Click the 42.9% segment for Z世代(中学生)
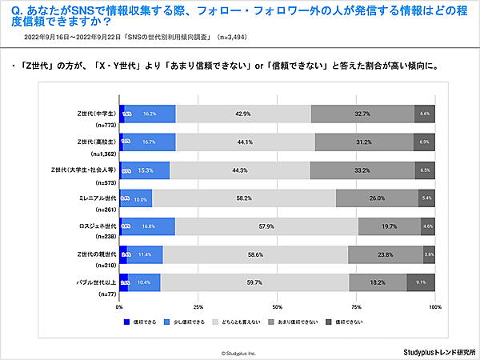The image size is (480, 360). click(x=243, y=114)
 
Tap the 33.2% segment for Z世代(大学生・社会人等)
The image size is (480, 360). click(x=362, y=170)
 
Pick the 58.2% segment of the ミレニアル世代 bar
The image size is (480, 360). click(x=244, y=198)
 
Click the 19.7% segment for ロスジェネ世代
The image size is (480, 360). click(x=390, y=226)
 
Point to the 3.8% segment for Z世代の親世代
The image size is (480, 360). click(x=429, y=254)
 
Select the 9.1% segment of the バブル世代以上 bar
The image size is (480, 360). click(x=421, y=282)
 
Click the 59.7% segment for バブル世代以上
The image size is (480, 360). click(x=255, y=282)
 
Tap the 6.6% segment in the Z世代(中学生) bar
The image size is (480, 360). click(x=425, y=114)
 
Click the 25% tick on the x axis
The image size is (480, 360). click(x=198, y=306)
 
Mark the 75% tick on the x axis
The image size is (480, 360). click(x=357, y=306)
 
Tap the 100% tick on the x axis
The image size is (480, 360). click(x=434, y=306)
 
